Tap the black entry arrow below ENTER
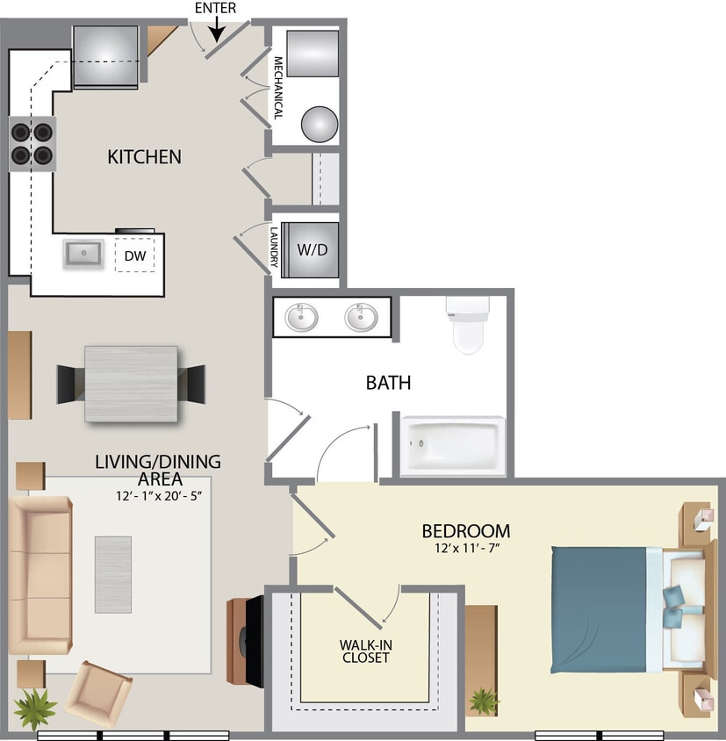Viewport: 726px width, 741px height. (217, 31)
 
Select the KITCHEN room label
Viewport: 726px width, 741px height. (144, 157)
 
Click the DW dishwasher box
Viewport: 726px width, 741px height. (134, 255)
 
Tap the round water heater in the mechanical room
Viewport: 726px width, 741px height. (320, 124)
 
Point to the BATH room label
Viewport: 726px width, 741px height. (388, 383)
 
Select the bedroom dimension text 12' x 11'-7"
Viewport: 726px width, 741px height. (465, 550)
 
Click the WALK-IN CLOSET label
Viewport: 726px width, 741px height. (364, 651)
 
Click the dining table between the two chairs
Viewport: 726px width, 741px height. (131, 384)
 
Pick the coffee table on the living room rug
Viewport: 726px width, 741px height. (113, 574)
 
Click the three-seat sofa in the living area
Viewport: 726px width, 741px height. (40, 576)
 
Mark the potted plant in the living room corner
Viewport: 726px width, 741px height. (36, 706)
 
